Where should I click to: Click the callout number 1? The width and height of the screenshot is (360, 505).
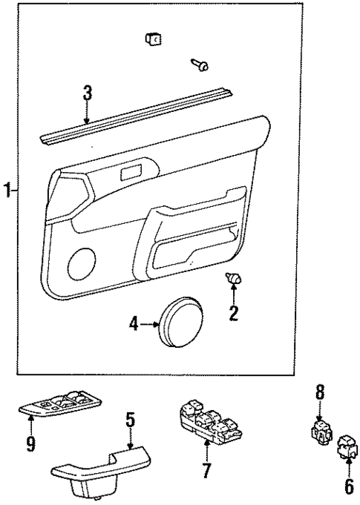(x=7, y=191)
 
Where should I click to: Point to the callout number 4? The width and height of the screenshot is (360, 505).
(x=134, y=323)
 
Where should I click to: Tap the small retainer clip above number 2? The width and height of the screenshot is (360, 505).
(x=234, y=278)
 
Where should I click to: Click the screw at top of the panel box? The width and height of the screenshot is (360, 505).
(x=200, y=65)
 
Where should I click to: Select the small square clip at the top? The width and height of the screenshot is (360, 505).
(x=154, y=39)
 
